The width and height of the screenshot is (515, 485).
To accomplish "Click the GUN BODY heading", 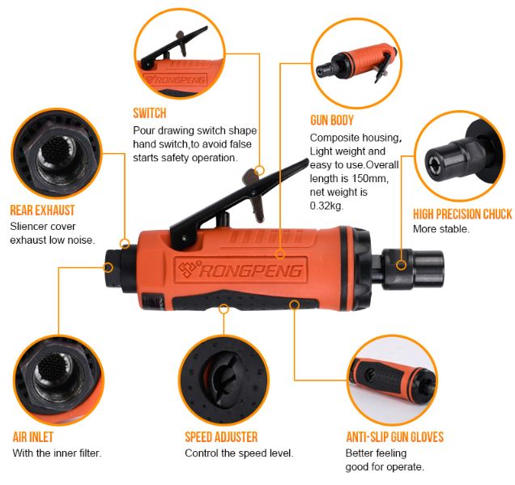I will pyautogui.click(x=333, y=118).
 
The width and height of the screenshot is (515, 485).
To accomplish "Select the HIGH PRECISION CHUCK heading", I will pyautogui.click(x=462, y=215).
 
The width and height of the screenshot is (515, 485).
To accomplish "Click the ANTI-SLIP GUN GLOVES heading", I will pyautogui.click(x=394, y=437).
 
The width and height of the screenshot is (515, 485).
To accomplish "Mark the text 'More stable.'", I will pyautogui.click(x=441, y=229).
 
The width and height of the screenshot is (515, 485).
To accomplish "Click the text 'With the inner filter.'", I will pyautogui.click(x=56, y=453).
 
